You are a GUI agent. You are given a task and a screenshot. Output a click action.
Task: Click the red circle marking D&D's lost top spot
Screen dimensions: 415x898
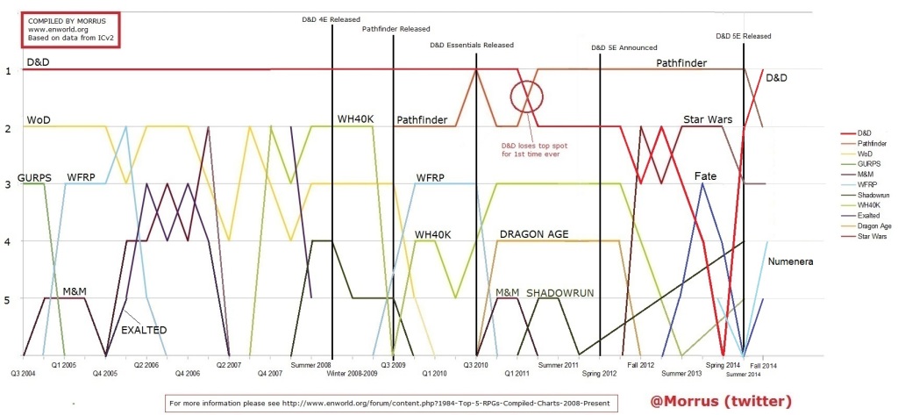click(x=527, y=94)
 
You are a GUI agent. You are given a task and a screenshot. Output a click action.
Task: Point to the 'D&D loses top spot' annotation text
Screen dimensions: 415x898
click(x=529, y=148)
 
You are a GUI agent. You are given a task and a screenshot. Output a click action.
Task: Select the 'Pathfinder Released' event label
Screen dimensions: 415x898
click(x=396, y=29)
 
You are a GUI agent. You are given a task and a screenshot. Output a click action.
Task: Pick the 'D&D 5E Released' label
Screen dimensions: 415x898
click(x=743, y=36)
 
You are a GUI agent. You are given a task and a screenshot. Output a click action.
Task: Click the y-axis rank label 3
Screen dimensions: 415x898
click(x=8, y=185)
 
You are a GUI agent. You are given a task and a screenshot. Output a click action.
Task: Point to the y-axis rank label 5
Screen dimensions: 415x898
click(x=8, y=299)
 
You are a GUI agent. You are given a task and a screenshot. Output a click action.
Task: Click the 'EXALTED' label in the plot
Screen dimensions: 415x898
click(x=145, y=329)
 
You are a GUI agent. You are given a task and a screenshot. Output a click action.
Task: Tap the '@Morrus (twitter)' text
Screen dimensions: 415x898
click(x=721, y=401)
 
